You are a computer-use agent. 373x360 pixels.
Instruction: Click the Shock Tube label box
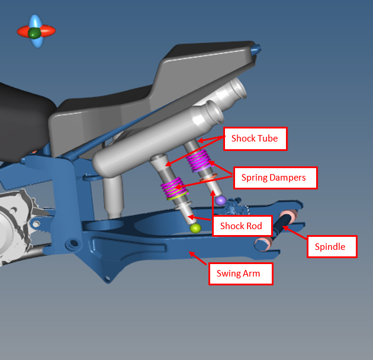[x=255, y=139]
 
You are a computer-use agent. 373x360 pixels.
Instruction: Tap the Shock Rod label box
[x=241, y=226]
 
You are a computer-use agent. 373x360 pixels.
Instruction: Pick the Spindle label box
[x=332, y=246]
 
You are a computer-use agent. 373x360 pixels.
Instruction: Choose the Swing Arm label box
[x=240, y=274]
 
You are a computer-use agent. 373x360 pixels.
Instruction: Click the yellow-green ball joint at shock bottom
[x=195, y=228]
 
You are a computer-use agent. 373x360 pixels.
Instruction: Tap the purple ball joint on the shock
[x=221, y=201]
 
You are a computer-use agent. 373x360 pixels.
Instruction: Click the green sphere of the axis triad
[x=34, y=33]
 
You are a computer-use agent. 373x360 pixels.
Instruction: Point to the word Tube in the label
[x=268, y=139]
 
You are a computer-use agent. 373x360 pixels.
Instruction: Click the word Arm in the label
[x=255, y=274]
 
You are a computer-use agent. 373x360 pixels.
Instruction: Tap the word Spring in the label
[x=255, y=177]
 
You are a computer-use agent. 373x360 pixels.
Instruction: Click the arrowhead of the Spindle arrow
[x=285, y=224]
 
